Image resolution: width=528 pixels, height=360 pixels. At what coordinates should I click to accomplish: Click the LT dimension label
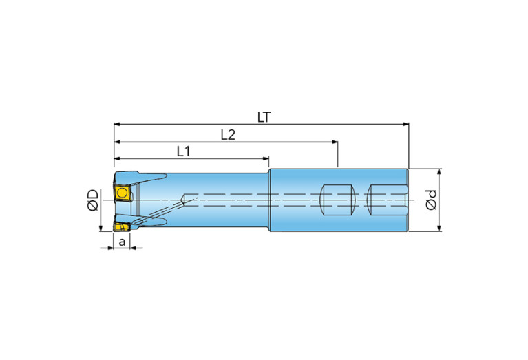[264, 117]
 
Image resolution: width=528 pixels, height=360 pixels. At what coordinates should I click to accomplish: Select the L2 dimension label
[228, 135]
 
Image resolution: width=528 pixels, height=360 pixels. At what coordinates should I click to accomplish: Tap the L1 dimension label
[184, 152]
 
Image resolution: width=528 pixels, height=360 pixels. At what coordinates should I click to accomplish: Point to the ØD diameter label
[93, 200]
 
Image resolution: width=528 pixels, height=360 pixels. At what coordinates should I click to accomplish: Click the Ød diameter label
[432, 200]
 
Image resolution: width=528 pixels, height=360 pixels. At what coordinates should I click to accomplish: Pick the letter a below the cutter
[123, 242]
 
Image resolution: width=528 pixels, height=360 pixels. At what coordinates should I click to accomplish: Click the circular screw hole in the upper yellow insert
[122, 193]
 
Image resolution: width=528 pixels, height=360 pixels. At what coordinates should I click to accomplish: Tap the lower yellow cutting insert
[122, 226]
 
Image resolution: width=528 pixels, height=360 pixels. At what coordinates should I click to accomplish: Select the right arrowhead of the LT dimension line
[405, 125]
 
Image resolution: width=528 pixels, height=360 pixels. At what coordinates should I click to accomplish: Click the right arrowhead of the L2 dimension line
[335, 142]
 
